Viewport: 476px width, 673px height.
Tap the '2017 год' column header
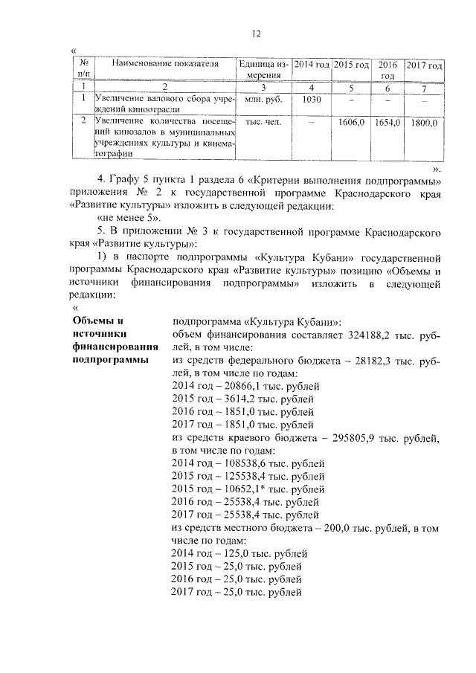[424, 65]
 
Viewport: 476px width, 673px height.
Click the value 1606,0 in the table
[350, 122]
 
